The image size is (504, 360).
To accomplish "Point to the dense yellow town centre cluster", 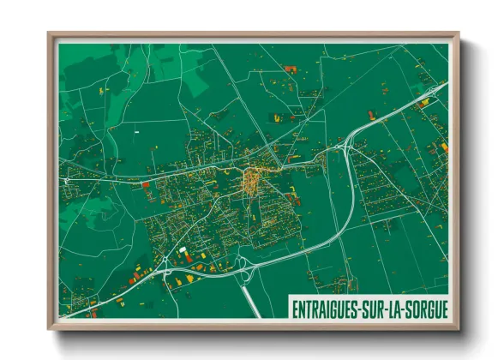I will coord(254,179).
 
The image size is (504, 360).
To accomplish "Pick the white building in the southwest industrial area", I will coord(183,249).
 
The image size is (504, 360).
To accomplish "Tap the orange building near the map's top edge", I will coord(288,68).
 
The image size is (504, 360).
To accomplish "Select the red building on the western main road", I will coord(146,183).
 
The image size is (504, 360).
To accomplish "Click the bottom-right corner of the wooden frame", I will coord(459,328).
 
